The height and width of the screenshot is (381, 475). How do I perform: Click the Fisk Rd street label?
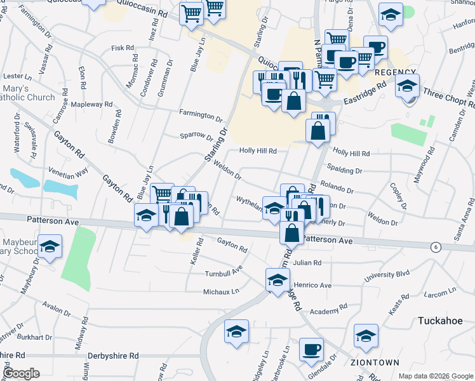point(123,48)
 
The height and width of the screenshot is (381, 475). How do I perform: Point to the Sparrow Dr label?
point(196,135)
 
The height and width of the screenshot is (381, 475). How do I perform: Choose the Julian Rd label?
point(307,262)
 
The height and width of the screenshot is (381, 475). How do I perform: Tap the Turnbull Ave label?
point(224,270)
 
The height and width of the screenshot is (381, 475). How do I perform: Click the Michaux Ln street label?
point(221,291)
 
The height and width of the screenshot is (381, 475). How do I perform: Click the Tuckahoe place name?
point(440,321)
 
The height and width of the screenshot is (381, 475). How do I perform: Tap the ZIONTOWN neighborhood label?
point(375,363)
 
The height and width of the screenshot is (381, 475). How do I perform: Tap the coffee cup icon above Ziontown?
point(311,349)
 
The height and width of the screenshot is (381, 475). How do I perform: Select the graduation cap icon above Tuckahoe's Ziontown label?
point(366,336)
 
